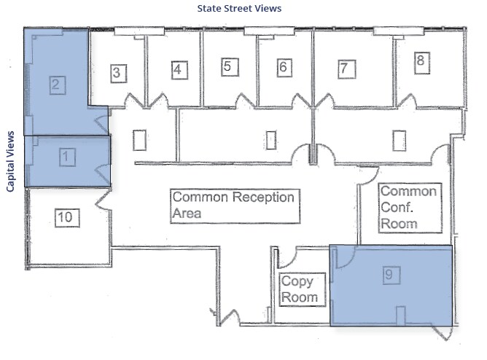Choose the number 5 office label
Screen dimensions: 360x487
228,67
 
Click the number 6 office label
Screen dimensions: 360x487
284,67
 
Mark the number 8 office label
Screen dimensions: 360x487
420,61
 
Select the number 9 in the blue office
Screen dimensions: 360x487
390,275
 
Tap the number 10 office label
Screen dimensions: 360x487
65,216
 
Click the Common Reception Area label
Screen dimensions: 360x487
235,206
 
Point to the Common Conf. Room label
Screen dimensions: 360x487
409,208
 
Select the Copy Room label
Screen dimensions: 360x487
299,289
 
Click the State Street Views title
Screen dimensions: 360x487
239,9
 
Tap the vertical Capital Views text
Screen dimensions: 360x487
11,162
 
